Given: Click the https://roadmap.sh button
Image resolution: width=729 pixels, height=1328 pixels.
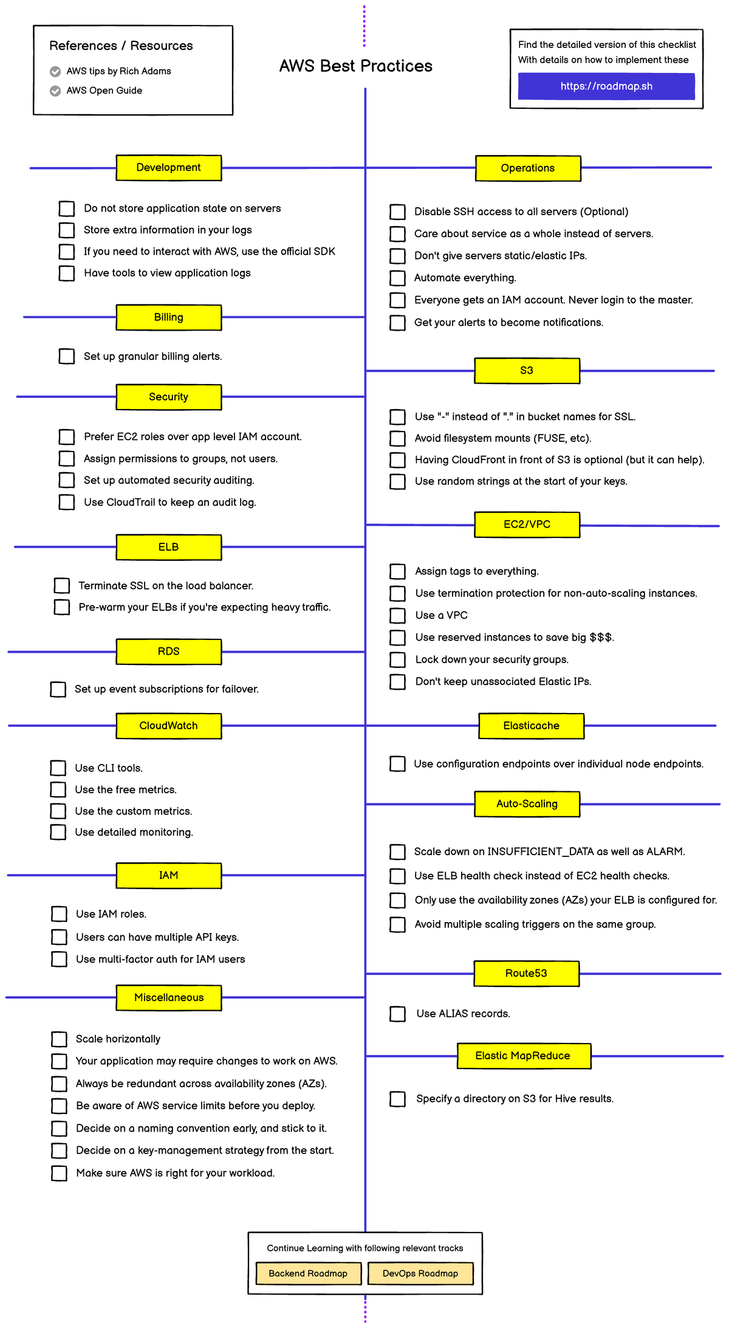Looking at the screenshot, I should [606, 86].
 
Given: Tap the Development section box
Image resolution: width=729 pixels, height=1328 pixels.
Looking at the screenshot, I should [168, 168].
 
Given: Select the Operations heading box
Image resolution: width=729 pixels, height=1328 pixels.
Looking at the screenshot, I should [527, 168].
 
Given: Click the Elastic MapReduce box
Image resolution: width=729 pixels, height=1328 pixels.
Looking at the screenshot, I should [523, 1056].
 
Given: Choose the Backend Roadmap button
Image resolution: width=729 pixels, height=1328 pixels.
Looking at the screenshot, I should [308, 1273].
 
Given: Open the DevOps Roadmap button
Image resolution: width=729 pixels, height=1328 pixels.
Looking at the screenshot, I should [420, 1273].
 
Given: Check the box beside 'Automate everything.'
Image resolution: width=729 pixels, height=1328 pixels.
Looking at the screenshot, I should [397, 278].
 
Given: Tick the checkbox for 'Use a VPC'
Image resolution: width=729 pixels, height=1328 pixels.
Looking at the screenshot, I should [397, 616].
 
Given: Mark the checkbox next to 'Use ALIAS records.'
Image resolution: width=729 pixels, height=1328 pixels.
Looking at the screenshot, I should [397, 1014].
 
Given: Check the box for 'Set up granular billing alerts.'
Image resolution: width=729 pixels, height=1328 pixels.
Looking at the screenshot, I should [67, 356].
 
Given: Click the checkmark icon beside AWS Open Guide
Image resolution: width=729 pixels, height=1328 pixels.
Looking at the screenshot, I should [55, 91].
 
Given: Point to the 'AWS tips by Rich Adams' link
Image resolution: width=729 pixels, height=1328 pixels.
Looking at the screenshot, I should [118, 71].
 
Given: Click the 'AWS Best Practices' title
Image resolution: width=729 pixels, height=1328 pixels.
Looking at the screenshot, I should [355, 66].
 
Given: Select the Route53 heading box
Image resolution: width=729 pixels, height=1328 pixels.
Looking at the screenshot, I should [526, 974].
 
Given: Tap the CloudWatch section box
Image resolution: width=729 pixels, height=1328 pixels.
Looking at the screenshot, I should [168, 726].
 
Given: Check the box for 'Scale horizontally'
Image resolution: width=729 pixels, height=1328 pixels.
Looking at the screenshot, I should [59, 1039].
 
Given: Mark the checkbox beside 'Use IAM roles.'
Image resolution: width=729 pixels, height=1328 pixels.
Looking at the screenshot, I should [59, 914].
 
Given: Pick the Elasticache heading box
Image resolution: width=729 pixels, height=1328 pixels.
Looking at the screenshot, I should [531, 726].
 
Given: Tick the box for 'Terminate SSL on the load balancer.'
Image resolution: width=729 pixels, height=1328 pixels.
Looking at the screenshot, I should [62, 585].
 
